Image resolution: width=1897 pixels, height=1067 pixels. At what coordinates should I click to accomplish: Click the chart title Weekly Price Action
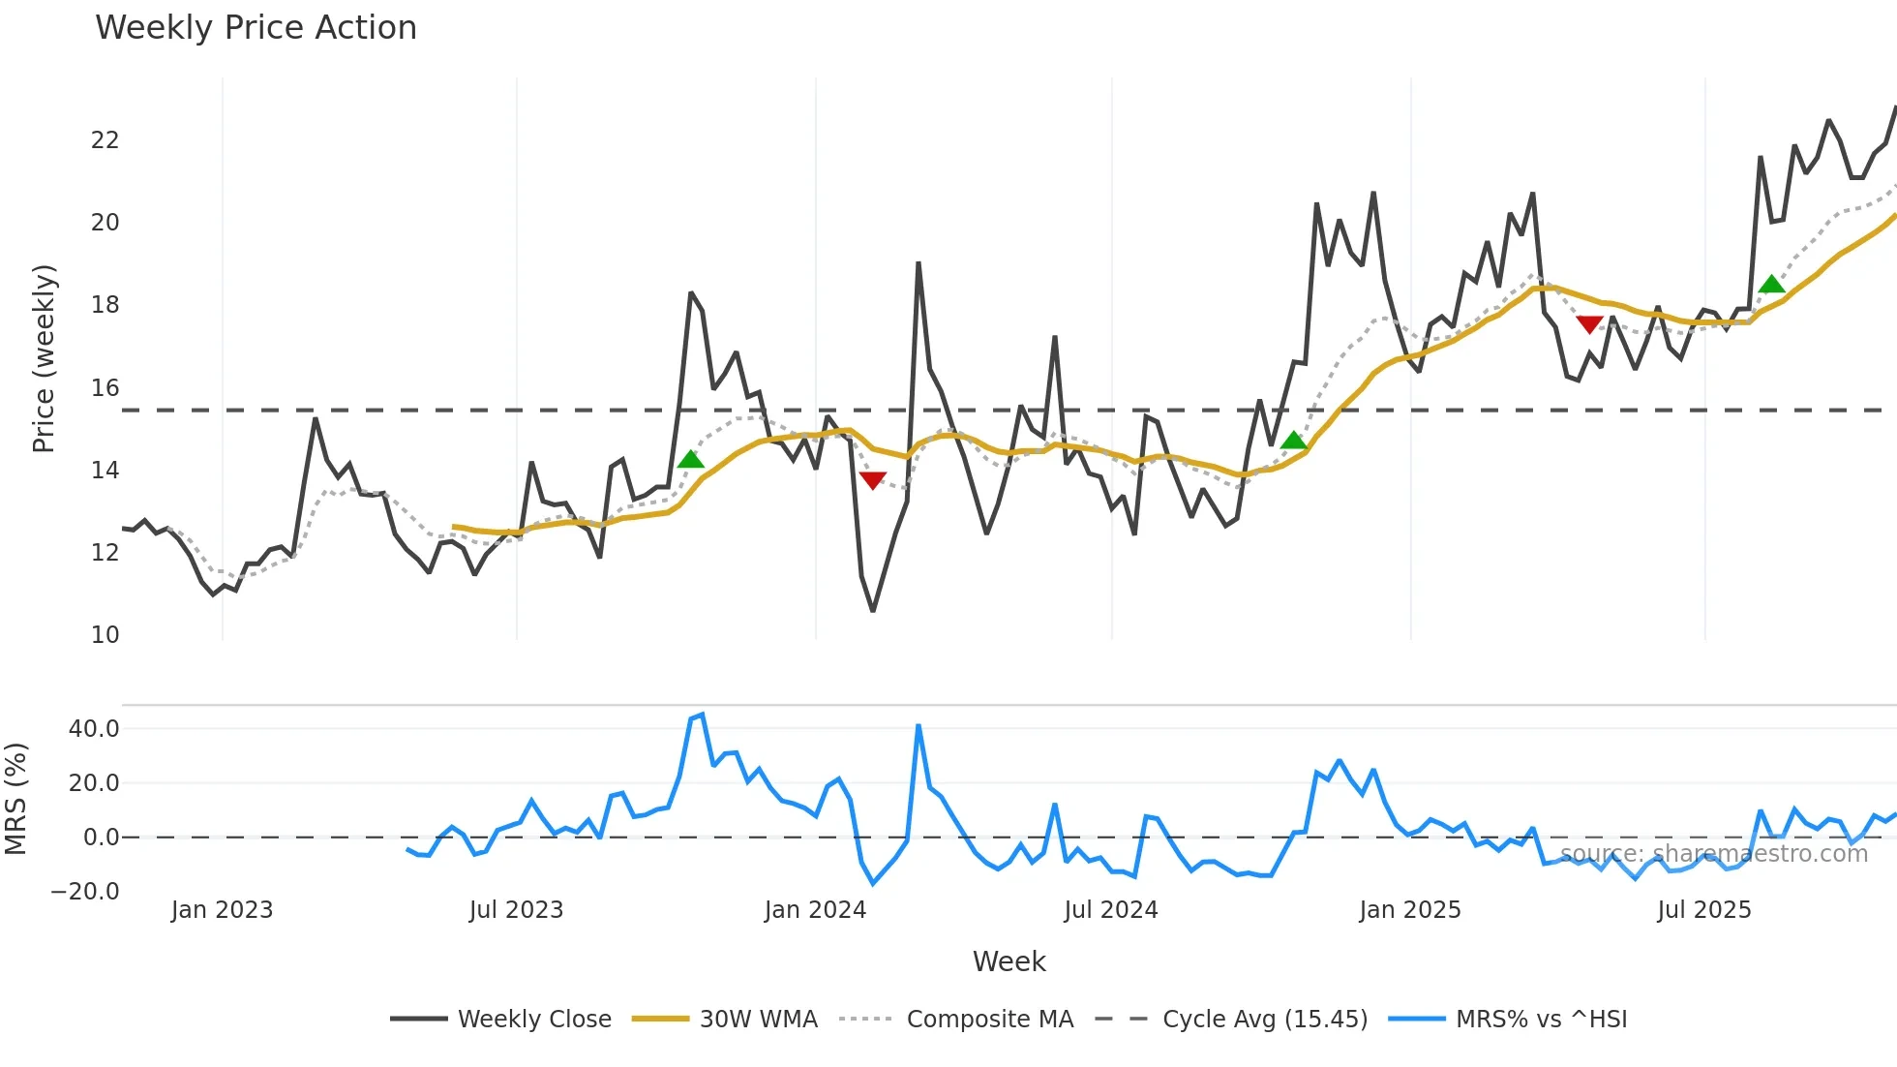click(x=256, y=28)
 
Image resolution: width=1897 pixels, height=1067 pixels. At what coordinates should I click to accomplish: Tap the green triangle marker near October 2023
click(x=690, y=459)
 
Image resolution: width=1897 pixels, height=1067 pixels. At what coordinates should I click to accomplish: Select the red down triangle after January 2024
click(x=872, y=480)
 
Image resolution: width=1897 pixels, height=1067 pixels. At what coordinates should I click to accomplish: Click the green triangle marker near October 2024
click(x=1293, y=441)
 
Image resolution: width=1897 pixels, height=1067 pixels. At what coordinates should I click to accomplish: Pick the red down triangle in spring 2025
click(x=1589, y=324)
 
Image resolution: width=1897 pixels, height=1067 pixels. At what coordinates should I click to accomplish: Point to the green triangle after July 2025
click(x=1771, y=285)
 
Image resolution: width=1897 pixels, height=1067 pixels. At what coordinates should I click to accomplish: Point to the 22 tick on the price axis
click(x=105, y=140)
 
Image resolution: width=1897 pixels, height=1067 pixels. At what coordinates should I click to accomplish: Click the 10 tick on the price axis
click(x=105, y=635)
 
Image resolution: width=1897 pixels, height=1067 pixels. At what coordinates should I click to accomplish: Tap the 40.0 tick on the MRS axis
click(x=94, y=729)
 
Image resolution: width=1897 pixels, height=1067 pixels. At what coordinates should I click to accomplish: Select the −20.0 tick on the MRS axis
click(x=85, y=892)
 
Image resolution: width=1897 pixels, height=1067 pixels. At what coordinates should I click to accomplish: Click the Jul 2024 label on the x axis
click(x=1110, y=910)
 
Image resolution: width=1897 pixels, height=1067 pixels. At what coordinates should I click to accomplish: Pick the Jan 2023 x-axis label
click(x=222, y=910)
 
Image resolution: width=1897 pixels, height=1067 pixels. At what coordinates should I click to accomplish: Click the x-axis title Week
click(x=1009, y=961)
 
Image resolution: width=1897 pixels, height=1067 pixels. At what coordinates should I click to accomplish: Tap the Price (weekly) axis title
click(x=44, y=358)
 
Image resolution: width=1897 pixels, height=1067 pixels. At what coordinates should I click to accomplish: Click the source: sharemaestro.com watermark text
click(x=1713, y=854)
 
